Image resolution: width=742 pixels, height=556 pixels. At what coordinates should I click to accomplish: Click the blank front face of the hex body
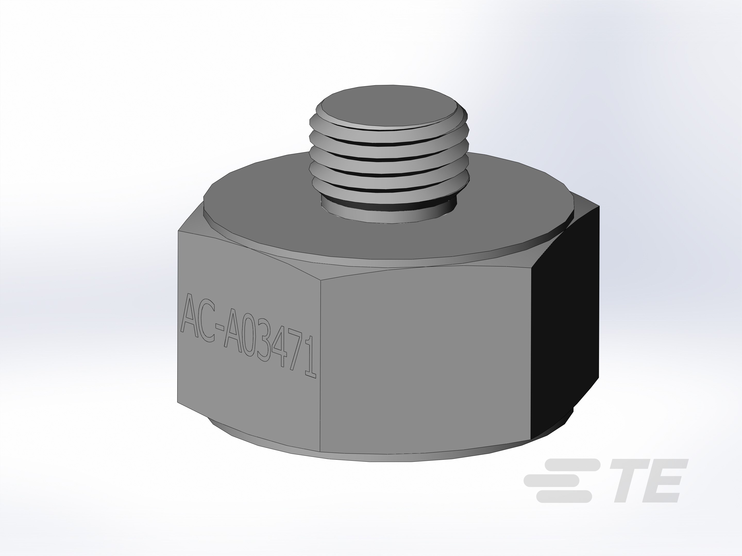pos(423,362)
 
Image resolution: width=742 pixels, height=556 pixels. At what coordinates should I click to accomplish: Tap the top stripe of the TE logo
pos(570,465)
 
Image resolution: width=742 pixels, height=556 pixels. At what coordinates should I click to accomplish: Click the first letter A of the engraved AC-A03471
pos(191,313)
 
